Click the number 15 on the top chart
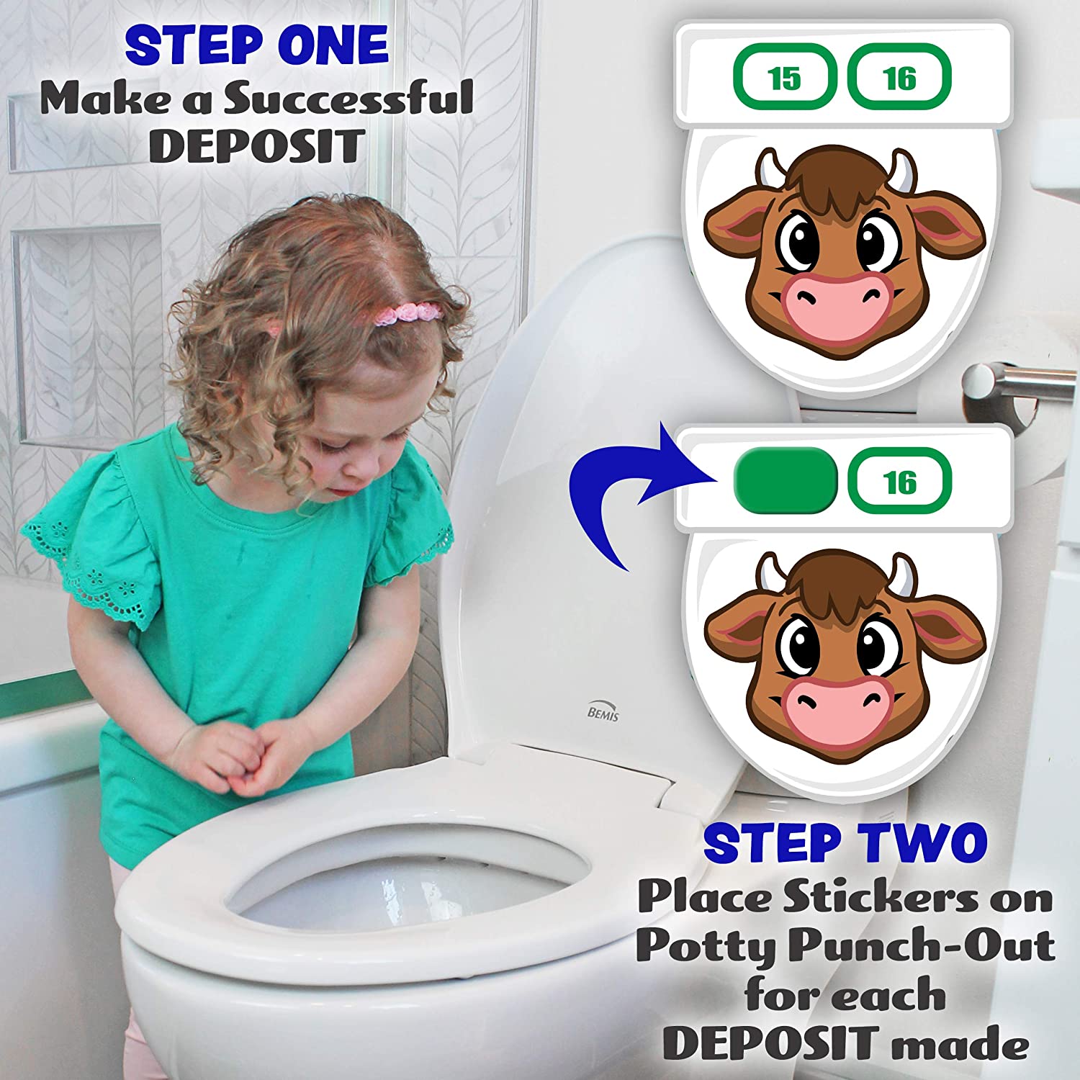784,78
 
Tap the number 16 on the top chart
899,78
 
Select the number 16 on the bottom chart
899,481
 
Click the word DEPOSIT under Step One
256,146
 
